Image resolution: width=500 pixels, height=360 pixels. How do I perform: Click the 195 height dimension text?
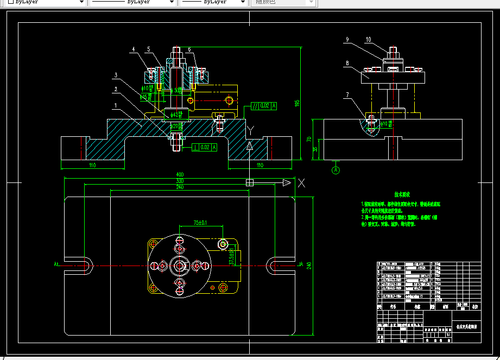297,103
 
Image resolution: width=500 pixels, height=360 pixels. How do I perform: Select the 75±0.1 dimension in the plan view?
201,223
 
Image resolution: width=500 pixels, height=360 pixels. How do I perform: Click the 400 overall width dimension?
180,175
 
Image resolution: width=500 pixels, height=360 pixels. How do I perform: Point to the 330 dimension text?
180,181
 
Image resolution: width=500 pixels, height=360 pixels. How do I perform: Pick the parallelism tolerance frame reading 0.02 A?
264,106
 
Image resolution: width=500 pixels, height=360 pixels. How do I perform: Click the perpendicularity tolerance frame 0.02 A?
204,147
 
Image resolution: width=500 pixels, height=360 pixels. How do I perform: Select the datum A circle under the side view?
336,170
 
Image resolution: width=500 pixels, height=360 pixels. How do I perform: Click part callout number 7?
347,96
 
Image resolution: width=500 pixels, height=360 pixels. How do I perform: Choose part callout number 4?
133,49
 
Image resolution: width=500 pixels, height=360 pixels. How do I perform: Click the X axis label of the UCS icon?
302,183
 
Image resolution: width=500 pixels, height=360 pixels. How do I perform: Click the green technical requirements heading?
402,194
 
